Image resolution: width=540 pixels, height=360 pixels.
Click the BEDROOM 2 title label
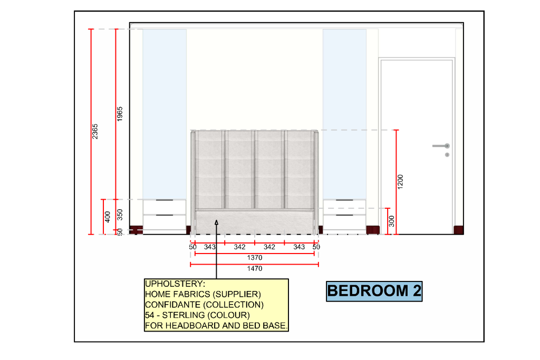pos(374,291)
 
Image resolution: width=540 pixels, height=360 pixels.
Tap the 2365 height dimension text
pos(95,131)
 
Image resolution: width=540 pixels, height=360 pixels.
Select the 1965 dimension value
pos(120,114)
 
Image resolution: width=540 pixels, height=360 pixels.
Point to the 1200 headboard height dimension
pos(400,182)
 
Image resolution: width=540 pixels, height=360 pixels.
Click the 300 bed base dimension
pos(391,221)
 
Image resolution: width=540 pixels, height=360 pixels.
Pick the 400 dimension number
pos(108,217)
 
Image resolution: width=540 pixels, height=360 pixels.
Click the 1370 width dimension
pos(255,257)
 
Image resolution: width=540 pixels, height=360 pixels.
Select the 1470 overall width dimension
pos(255,268)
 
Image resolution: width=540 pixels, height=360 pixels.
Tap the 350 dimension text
pos(120,215)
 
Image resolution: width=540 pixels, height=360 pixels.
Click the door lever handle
pos(441,146)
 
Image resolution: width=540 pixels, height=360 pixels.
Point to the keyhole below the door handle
pos(447,155)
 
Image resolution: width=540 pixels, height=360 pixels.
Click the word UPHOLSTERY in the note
pos(175,284)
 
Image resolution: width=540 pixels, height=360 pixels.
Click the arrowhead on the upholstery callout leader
pos(216,222)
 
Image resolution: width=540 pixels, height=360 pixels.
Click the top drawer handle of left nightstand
pos(165,200)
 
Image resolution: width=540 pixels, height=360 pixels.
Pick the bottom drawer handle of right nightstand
pos(344,215)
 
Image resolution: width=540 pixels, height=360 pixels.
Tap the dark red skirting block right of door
pos(458,230)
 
